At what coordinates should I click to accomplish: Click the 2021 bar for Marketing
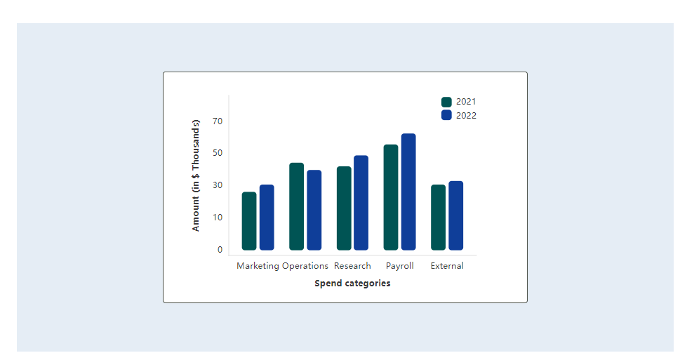click(x=249, y=221)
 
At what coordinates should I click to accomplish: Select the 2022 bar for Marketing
click(x=267, y=218)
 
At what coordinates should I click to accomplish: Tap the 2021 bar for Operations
click(x=296, y=206)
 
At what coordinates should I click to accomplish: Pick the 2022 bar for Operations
click(x=314, y=210)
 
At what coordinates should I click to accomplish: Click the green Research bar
click(x=344, y=208)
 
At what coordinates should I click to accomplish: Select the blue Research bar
click(x=361, y=203)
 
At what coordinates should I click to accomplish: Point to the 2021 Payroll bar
click(x=391, y=197)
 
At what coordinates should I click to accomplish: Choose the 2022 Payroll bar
click(x=408, y=192)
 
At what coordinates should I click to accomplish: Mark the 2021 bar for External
click(x=438, y=218)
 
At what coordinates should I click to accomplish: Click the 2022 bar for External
click(x=456, y=215)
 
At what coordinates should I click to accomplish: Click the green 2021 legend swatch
click(x=446, y=102)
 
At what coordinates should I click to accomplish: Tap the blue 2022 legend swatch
click(x=446, y=115)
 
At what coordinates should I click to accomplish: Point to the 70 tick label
click(x=218, y=121)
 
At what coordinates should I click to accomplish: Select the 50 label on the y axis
click(x=218, y=153)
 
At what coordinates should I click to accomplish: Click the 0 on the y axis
click(x=220, y=250)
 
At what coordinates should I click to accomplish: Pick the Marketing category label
click(x=258, y=266)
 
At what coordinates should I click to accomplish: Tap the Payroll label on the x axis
click(x=400, y=266)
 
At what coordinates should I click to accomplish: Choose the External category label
click(x=447, y=266)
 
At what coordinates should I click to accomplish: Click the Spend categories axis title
click(x=352, y=284)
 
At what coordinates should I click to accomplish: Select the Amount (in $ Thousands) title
click(x=196, y=175)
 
